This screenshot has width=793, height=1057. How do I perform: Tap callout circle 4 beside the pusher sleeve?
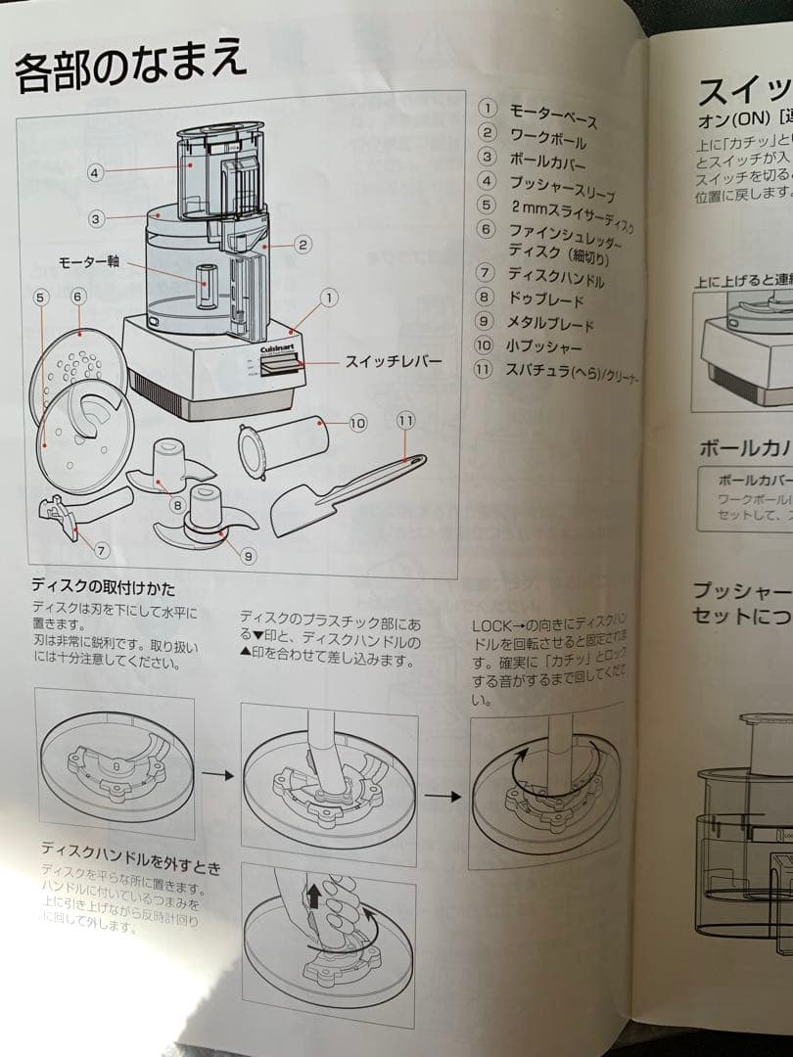click(95, 173)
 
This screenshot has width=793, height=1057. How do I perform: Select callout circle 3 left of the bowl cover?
click(96, 219)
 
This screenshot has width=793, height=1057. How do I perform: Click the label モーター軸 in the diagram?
click(90, 263)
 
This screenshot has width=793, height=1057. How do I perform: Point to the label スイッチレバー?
click(393, 362)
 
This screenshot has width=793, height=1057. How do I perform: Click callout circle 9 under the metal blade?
click(248, 556)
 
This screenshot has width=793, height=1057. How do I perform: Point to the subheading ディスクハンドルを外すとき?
click(130, 853)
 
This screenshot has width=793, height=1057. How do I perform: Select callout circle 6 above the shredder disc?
click(78, 295)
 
